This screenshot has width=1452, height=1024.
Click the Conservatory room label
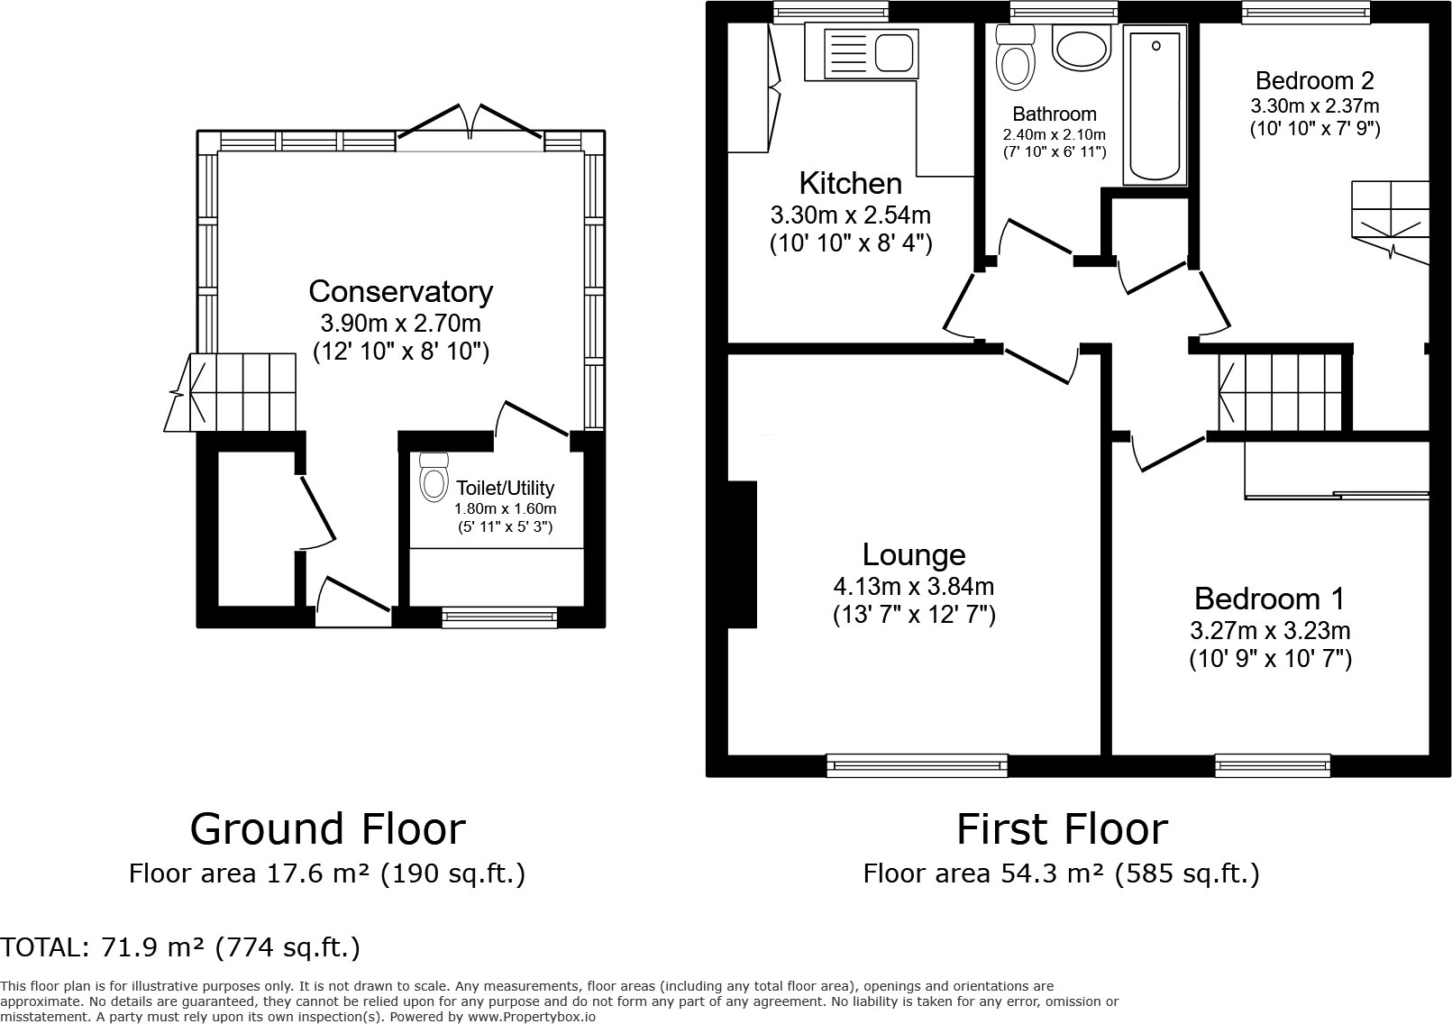(400, 292)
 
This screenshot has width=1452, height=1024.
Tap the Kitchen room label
(851, 183)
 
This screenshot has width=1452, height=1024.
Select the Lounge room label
(914, 554)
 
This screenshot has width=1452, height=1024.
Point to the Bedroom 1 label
(1270, 599)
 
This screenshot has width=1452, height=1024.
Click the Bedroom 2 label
(1315, 80)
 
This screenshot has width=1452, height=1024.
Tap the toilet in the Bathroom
(1015, 57)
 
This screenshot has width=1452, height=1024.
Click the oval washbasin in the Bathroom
(1082, 47)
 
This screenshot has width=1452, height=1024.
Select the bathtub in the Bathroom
(1155, 105)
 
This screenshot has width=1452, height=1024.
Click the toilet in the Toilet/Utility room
(434, 477)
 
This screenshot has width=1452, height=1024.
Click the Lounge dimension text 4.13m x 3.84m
(913, 586)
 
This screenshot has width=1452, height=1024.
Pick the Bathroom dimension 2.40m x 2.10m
(1054, 135)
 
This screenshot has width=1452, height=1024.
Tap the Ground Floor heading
(327, 829)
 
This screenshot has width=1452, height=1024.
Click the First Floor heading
(1062, 829)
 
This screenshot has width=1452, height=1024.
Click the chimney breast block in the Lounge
(742, 554)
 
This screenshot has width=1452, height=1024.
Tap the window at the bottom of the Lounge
(918, 765)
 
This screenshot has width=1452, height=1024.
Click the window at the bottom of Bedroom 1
(1273, 765)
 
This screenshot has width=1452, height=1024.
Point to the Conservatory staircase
(230, 392)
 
